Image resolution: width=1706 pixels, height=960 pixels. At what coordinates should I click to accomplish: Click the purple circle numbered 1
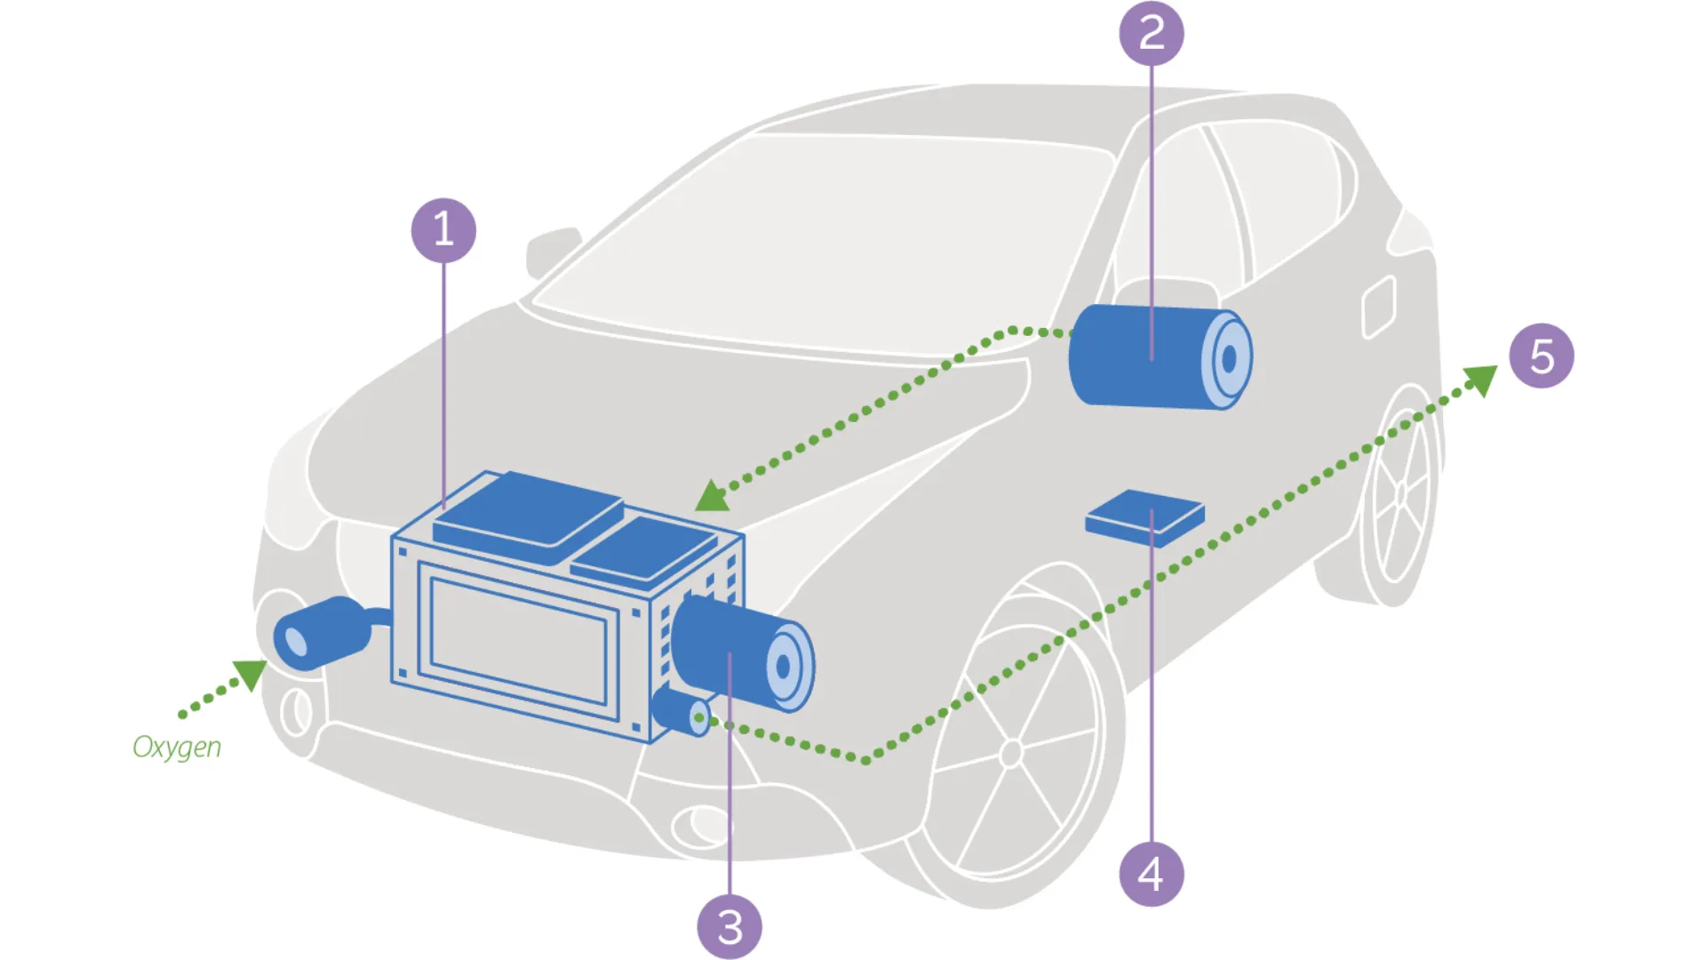443,230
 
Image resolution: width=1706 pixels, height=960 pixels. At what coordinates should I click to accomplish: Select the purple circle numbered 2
1152,34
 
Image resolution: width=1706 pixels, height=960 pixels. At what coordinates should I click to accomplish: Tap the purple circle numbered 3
729,927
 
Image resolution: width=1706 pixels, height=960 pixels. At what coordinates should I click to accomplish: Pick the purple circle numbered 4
1152,874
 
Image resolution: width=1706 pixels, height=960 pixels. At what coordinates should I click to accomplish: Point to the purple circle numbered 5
1542,356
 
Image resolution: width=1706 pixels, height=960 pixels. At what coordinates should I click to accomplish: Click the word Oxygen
177,747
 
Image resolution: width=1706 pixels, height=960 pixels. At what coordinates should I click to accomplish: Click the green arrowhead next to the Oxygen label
251,674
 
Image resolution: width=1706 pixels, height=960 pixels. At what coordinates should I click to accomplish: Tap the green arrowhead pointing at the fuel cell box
713,497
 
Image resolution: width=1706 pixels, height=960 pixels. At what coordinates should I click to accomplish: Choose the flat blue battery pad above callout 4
1144,516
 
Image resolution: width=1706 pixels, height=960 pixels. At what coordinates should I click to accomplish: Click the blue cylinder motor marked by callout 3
737,653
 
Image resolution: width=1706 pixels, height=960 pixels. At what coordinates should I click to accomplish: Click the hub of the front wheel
1011,754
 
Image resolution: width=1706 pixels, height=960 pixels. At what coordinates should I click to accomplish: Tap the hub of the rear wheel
1401,494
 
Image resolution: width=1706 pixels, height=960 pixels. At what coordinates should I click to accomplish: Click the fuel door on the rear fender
1379,307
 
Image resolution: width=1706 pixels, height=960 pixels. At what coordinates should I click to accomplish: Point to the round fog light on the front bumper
698,825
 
